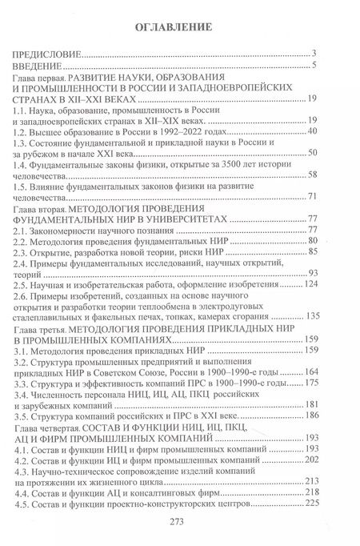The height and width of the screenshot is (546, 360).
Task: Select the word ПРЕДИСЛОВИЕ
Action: pos(46,54)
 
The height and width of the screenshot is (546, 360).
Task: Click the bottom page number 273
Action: pos(180,531)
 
